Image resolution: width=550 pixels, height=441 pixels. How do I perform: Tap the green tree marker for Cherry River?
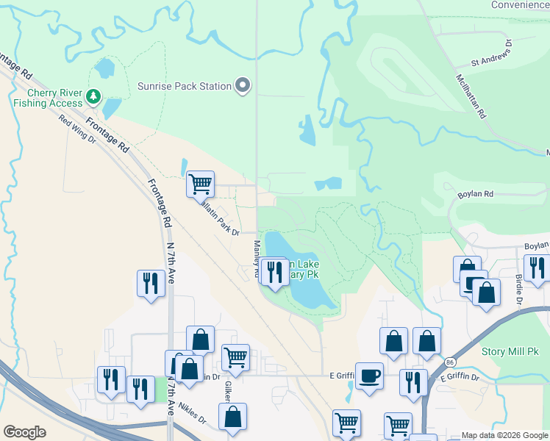click(93, 96)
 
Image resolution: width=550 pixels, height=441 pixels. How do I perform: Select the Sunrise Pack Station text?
click(185, 87)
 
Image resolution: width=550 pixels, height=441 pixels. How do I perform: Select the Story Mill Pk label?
click(508, 351)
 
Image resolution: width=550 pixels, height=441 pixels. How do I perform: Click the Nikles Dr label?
click(191, 418)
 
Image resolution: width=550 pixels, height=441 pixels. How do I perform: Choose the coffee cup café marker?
click(369, 376)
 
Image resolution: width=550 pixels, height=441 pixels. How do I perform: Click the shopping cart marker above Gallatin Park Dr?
click(200, 184)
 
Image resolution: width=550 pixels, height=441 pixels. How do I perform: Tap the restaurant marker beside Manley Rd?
click(274, 273)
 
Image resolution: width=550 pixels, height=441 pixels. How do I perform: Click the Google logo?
click(25, 432)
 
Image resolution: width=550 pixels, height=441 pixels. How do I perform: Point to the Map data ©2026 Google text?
click(504, 435)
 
